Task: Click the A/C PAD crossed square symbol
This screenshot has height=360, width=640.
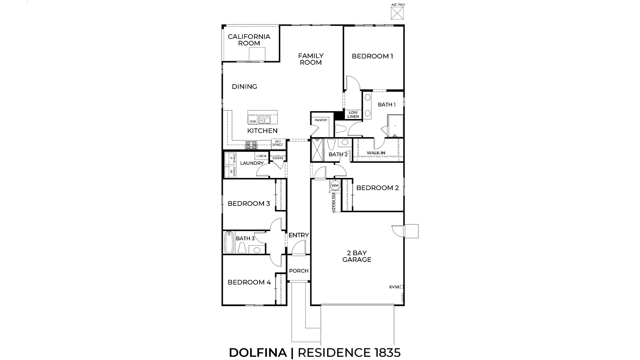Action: point(397,13)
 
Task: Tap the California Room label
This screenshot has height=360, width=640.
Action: point(249,40)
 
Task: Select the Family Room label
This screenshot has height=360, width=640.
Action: point(311,59)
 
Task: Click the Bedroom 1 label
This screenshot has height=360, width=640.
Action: point(372,56)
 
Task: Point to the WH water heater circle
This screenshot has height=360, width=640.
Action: point(335,186)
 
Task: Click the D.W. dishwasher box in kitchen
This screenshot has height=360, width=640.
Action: point(252,121)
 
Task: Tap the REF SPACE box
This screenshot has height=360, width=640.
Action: point(278,143)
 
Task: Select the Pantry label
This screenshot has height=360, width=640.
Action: point(321,120)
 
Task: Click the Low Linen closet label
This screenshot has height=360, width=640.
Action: point(353,114)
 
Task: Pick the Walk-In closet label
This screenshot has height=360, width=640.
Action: point(376,153)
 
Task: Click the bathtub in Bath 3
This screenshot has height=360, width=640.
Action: point(229,242)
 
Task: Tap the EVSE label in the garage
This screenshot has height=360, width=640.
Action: point(394,287)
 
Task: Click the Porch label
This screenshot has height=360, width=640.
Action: point(299,271)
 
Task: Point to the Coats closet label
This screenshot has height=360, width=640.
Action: point(278,158)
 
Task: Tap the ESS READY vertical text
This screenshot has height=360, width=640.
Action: point(333,202)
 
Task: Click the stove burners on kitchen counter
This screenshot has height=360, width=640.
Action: point(251,143)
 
